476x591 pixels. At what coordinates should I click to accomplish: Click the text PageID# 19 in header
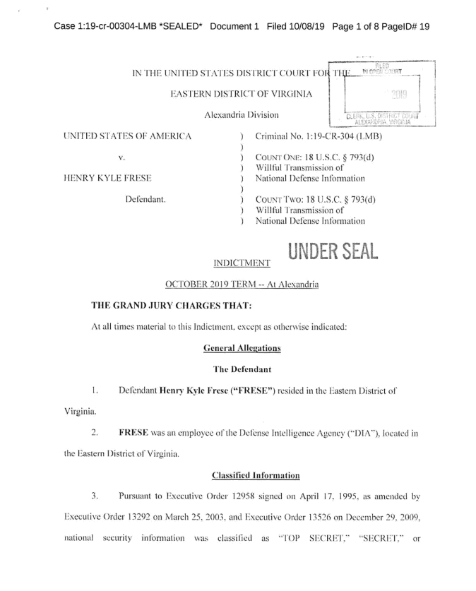[405, 26]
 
